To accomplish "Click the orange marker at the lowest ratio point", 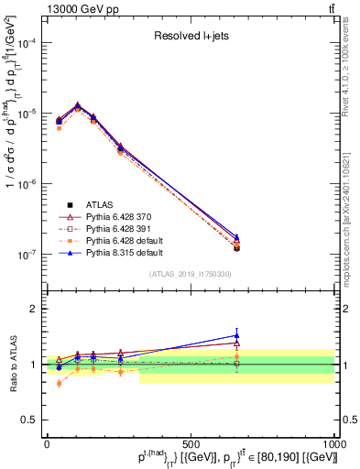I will coord(60,383).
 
